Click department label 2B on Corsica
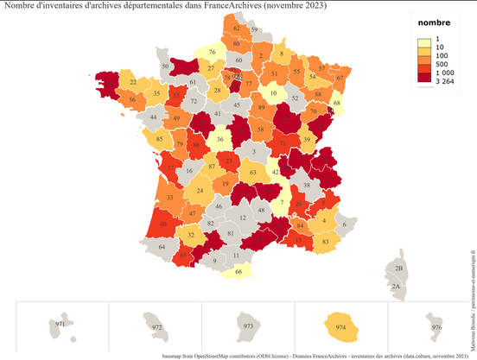click(x=397, y=269)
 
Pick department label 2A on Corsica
click(x=396, y=286)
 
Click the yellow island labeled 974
click(x=340, y=326)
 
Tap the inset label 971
click(x=60, y=325)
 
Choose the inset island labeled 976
click(x=436, y=327)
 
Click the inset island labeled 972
click(x=156, y=327)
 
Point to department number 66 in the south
click(x=239, y=272)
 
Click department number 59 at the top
click(x=254, y=29)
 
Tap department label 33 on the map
click(x=169, y=198)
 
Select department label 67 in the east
click(x=340, y=78)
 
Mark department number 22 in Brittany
click(x=132, y=82)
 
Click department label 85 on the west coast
click(x=159, y=139)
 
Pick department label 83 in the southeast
click(x=324, y=242)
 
